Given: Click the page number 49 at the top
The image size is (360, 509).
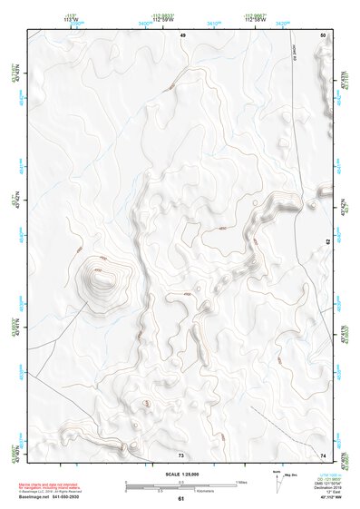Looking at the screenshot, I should (182, 34).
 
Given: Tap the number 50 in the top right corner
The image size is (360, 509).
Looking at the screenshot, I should (323, 34).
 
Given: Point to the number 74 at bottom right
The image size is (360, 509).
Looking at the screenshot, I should (323, 455).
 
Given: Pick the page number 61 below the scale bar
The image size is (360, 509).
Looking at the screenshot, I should (181, 498).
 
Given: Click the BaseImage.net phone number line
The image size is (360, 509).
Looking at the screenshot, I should (53, 497).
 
